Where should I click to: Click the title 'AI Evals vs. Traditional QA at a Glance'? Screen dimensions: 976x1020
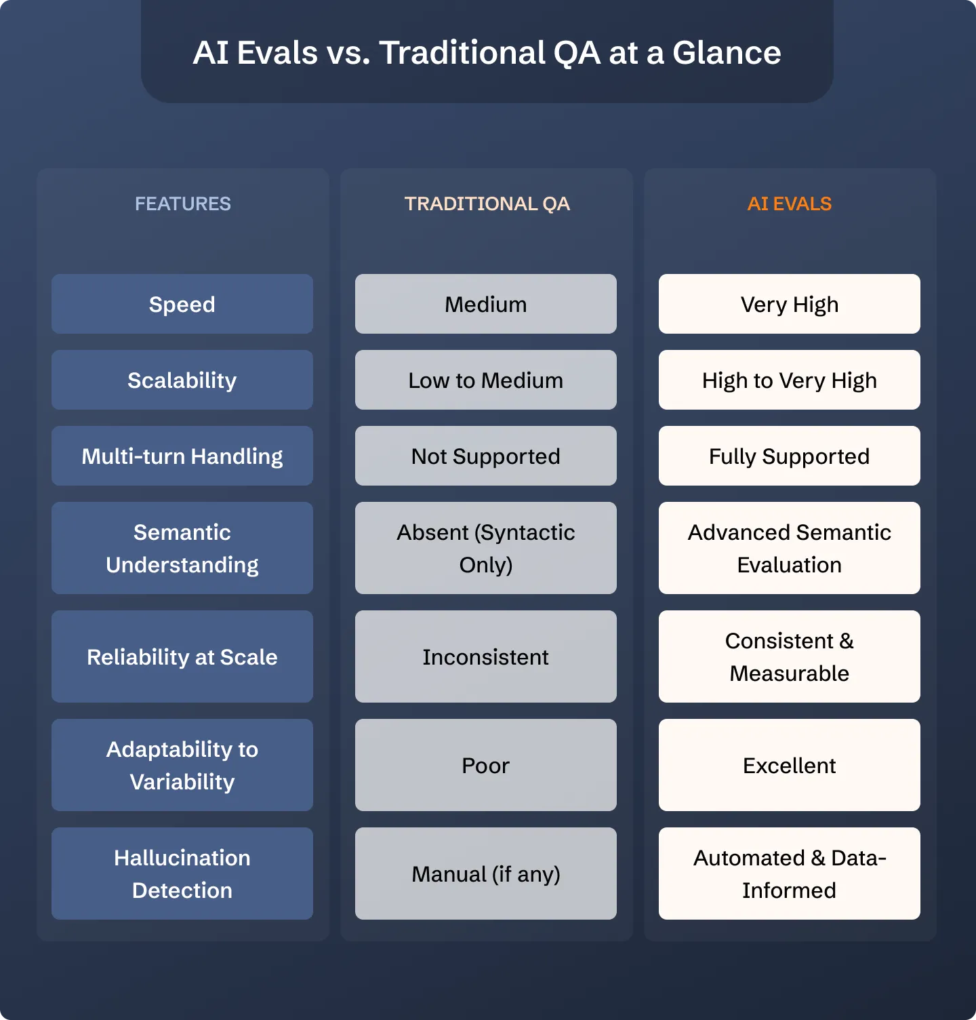(487, 53)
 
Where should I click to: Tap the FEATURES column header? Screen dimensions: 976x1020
(183, 203)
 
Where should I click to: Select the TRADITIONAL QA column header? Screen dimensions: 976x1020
(487, 203)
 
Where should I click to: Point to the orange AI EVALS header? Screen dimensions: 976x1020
(790, 203)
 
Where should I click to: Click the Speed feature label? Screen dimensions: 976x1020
(182, 304)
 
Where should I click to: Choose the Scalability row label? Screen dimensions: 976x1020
(182, 380)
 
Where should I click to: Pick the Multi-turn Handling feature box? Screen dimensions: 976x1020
(182, 456)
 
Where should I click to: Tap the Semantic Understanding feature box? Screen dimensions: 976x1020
(182, 548)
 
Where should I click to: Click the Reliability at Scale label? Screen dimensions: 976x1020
(182, 656)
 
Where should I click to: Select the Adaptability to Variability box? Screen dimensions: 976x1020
(182, 765)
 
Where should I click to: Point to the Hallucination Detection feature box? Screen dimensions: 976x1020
(182, 874)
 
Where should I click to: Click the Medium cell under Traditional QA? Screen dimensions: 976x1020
(486, 304)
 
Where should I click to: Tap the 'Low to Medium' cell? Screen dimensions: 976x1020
(486, 380)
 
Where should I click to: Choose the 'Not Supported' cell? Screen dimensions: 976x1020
(486, 456)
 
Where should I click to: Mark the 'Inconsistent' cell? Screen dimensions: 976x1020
(486, 656)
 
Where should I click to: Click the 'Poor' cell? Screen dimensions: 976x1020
(486, 765)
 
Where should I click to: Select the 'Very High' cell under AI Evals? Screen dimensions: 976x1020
(790, 304)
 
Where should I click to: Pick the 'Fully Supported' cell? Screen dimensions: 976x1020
(790, 456)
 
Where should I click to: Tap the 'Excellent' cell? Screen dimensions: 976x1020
(790, 765)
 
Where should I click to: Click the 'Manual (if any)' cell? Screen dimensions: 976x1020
(486, 874)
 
